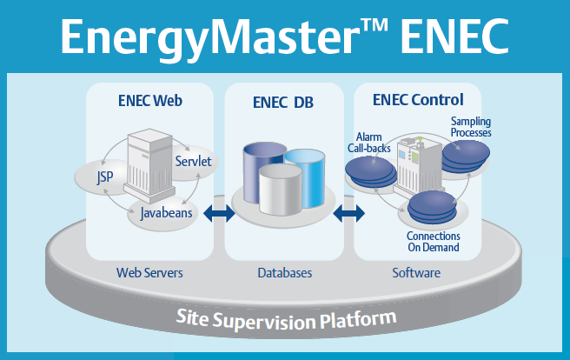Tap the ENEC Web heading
click(x=149, y=100)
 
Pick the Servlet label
click(x=193, y=162)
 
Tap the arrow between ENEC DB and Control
click(x=348, y=212)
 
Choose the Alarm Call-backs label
click(x=372, y=142)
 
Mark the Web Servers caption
click(x=149, y=273)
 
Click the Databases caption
click(x=284, y=273)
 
